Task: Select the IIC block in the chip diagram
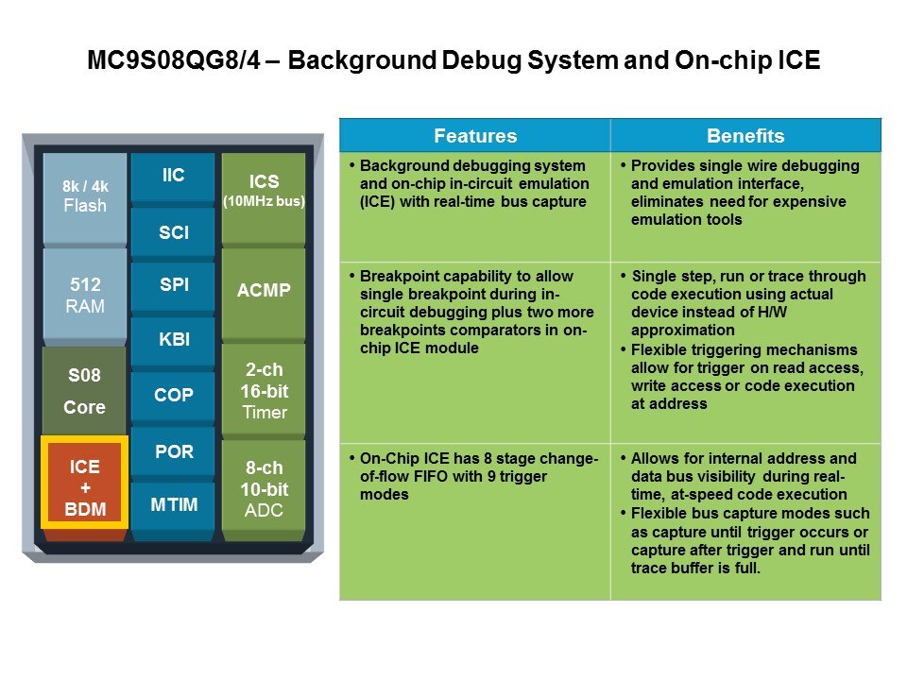(x=173, y=177)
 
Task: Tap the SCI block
(x=173, y=231)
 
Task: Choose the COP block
(x=173, y=396)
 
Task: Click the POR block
(x=173, y=451)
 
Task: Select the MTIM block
(x=173, y=504)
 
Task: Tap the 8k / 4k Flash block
(x=85, y=195)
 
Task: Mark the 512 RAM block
(x=85, y=296)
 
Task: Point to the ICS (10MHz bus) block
(x=264, y=190)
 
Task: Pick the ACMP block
(x=264, y=291)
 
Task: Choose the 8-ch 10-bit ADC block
(x=264, y=490)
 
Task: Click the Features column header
(x=475, y=135)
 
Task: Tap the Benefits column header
(x=745, y=135)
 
